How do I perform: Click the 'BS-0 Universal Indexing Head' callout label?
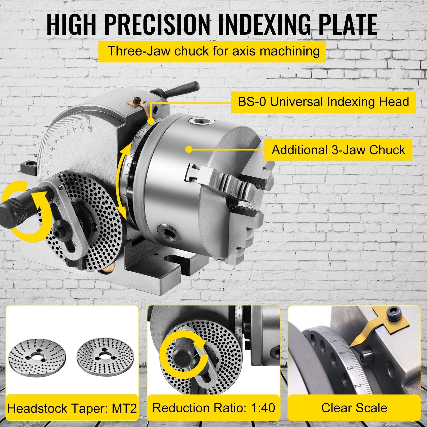click(x=323, y=102)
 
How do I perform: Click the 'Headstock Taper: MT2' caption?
click(x=72, y=408)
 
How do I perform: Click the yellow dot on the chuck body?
click(x=189, y=150)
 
